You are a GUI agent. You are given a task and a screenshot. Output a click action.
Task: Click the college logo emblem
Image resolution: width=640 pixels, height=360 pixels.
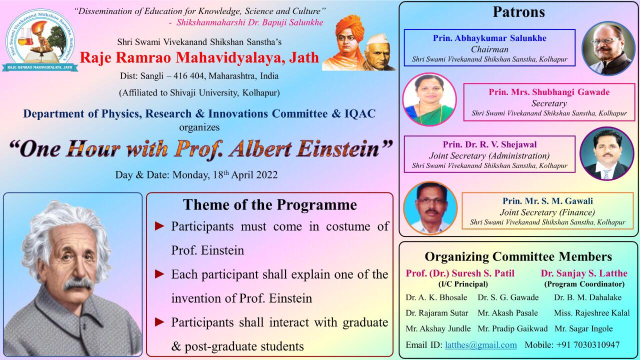(x=40, y=40)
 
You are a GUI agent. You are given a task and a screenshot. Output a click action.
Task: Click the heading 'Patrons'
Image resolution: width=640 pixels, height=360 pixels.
(x=519, y=12)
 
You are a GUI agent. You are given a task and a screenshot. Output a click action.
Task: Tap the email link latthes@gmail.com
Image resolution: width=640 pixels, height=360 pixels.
(x=481, y=345)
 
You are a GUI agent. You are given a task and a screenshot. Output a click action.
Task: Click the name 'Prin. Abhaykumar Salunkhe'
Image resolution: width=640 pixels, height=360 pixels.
(x=489, y=38)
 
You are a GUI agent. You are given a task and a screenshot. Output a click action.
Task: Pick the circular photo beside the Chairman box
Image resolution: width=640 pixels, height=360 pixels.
(x=608, y=48)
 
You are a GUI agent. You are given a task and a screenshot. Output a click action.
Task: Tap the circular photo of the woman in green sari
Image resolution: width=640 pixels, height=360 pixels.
(x=429, y=99)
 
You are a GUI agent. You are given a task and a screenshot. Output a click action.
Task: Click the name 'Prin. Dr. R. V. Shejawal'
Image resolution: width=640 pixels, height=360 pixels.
(x=489, y=144)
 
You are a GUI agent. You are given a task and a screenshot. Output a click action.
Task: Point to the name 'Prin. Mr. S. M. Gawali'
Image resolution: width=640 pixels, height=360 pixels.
(x=547, y=201)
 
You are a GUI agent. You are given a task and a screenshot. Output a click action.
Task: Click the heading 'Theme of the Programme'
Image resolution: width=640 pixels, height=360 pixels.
(x=269, y=205)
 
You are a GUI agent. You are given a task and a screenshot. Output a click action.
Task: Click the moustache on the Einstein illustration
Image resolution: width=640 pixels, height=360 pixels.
(x=78, y=283)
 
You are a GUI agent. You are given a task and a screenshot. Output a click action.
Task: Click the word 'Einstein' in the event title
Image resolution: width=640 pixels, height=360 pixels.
(x=338, y=149)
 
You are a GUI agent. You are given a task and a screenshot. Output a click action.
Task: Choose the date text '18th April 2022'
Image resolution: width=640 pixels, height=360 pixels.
(x=245, y=174)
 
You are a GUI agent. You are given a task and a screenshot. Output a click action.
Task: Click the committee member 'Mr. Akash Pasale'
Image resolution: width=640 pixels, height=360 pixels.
(x=507, y=313)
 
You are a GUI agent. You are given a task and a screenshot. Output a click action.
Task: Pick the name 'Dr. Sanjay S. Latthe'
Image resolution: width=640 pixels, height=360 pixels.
(x=584, y=273)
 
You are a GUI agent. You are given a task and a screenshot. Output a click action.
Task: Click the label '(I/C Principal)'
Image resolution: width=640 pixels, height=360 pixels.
(x=463, y=284)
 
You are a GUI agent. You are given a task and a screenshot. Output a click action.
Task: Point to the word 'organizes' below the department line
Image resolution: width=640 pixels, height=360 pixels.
(x=199, y=127)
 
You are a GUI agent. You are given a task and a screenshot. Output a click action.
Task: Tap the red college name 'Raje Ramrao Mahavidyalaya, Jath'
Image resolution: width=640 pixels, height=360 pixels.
(x=199, y=57)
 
